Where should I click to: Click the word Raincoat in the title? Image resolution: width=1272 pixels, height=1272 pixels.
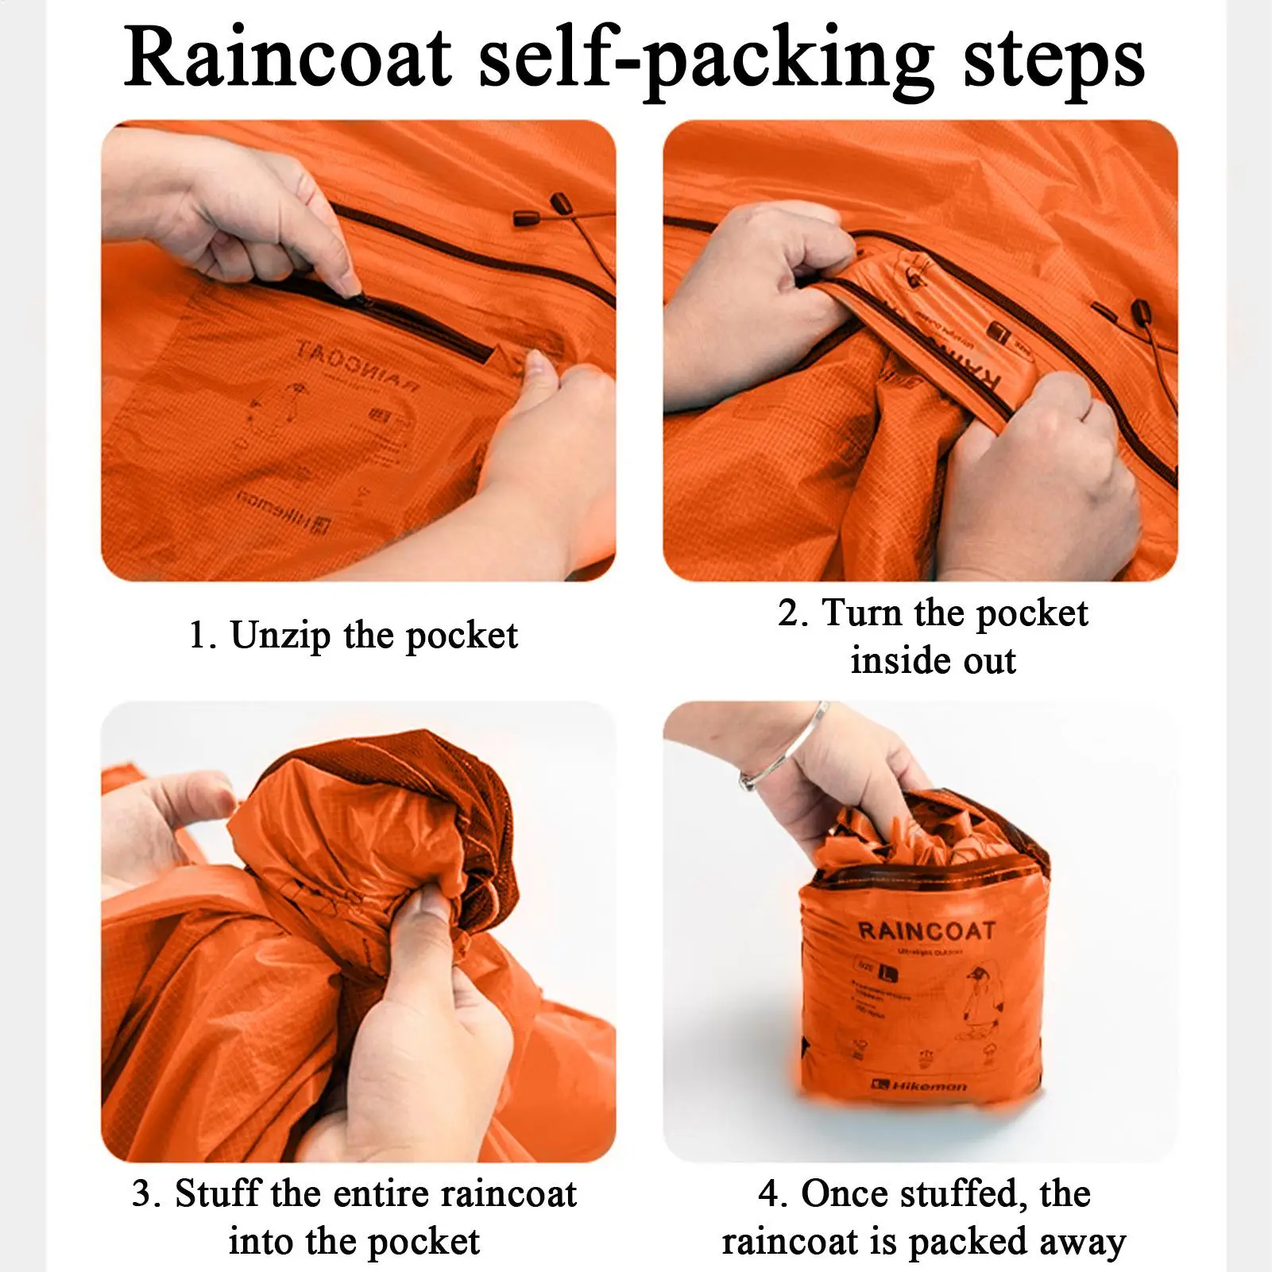tap(288, 57)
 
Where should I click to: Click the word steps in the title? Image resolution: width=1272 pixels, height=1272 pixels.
tap(1054, 57)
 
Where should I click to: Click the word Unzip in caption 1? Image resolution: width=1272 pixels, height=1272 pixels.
tap(280, 636)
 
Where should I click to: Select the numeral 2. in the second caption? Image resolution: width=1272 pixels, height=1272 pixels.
tap(793, 613)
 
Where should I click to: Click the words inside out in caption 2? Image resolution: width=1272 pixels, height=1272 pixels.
tap(933, 661)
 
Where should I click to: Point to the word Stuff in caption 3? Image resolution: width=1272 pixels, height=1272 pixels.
tap(217, 1194)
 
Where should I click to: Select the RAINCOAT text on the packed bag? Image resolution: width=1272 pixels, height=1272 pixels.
tap(926, 931)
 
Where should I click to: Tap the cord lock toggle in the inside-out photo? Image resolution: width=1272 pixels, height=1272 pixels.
tap(1141, 311)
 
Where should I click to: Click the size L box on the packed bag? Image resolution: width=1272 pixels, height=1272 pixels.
tap(878, 970)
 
